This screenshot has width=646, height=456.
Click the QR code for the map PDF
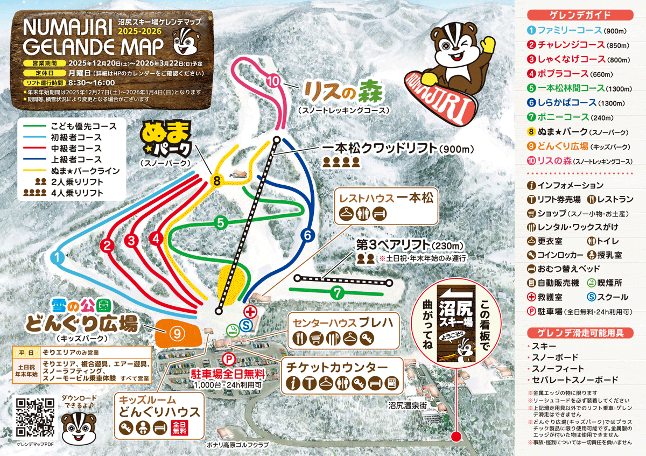pos(35,417)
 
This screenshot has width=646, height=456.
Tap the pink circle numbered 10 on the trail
pos(273,81)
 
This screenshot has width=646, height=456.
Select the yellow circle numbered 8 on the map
pos(216,181)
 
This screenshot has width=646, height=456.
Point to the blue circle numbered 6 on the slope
pos(307,235)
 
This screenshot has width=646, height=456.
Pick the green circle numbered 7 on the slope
pos(337,293)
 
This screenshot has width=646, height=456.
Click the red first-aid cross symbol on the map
pos(250,311)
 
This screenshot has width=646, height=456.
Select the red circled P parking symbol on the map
pos(229,359)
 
